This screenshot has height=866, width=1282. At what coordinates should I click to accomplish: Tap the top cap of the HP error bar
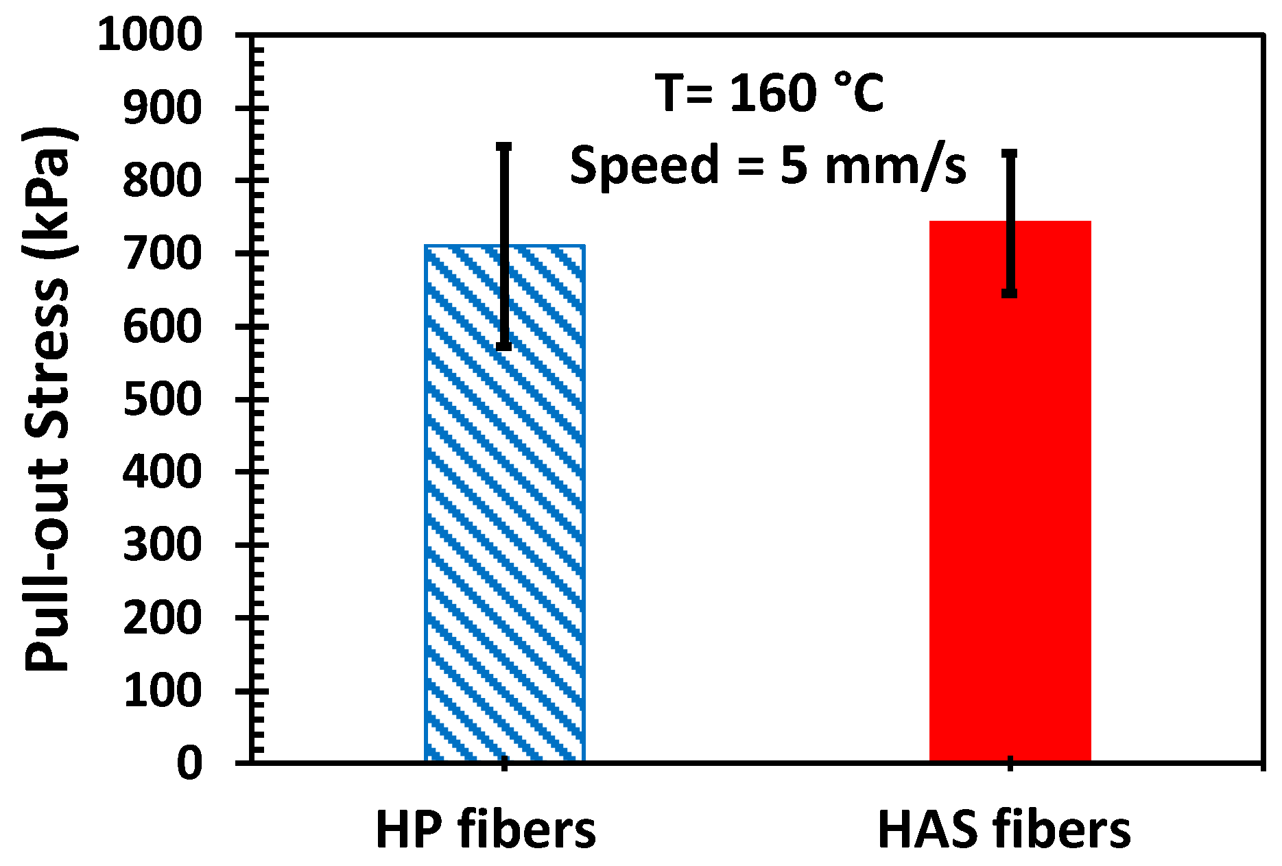[504, 145]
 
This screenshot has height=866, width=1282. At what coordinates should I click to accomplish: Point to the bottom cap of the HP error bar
[504, 347]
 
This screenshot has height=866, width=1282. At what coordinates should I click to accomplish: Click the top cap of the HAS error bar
[1010, 152]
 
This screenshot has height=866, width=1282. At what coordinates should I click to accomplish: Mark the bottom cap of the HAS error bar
[1010, 294]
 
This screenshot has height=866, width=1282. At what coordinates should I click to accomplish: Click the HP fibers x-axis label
[486, 830]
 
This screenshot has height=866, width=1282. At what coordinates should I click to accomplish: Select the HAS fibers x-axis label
[1004, 830]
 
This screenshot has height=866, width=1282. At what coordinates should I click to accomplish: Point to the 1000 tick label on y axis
[150, 36]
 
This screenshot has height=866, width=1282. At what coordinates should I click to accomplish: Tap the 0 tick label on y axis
[189, 763]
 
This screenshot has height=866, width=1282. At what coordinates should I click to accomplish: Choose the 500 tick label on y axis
[163, 400]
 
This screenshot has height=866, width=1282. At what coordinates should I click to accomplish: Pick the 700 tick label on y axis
[163, 254]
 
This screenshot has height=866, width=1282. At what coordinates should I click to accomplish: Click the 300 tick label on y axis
[163, 545]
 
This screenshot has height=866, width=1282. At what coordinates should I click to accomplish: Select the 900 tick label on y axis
[163, 108]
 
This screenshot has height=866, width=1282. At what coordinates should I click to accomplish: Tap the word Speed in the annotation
[644, 166]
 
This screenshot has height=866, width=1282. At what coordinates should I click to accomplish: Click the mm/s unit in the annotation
[895, 166]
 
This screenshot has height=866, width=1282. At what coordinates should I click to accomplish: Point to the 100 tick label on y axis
[163, 690]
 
